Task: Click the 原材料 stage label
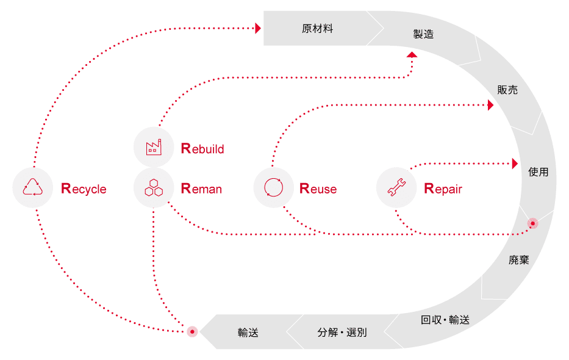coord(317,29)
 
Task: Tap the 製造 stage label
coord(423,34)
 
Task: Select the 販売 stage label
coord(507,90)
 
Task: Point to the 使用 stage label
coord(538,172)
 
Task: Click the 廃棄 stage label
coord(518,260)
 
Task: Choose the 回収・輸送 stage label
coord(445,320)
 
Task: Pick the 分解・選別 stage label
coord(342,333)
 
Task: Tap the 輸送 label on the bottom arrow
coord(248,333)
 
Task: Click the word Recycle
coord(84,189)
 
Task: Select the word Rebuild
coord(202,148)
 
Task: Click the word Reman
coord(201,189)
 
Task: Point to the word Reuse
coord(318,189)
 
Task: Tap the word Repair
coord(443,189)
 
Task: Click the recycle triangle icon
coord(33,187)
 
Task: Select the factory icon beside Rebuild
coord(154,147)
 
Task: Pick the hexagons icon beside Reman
coord(154,187)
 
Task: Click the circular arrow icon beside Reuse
coord(274,187)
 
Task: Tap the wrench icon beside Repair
coord(397,187)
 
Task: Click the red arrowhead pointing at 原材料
coord(258,28)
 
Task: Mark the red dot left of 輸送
coord(192,332)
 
